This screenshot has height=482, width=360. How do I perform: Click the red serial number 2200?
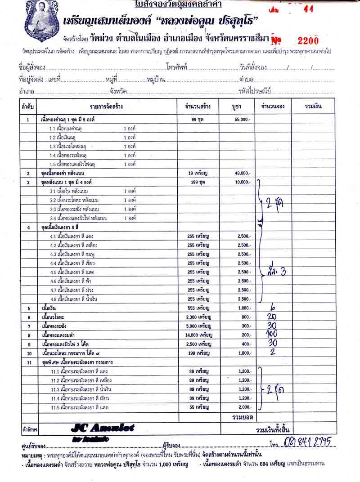point(308,41)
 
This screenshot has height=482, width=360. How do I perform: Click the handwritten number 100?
point(271,334)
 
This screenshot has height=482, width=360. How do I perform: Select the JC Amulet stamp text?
point(103,428)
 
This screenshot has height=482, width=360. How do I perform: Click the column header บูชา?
point(237,107)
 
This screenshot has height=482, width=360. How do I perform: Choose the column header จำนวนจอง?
point(273,107)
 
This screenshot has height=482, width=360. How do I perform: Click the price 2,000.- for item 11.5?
point(244,407)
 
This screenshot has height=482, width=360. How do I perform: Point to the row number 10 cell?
point(28,353)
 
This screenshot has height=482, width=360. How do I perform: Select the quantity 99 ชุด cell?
point(198,120)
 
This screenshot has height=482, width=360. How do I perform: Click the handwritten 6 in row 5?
point(272,308)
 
